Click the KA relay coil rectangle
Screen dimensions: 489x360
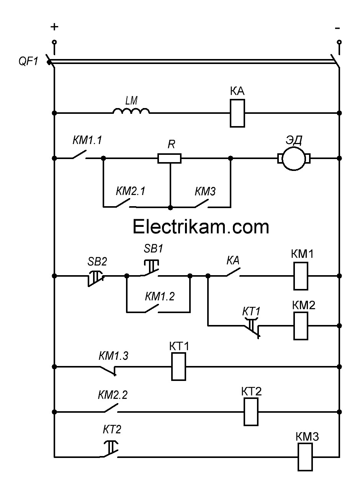tap(237, 113)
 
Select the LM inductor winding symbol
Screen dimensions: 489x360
tap(131, 111)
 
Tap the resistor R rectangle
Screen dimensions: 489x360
tap(169, 158)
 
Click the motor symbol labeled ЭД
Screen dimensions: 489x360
tap(294, 158)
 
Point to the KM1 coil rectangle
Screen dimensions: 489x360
tap(301, 276)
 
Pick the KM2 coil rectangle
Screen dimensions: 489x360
tap(301, 326)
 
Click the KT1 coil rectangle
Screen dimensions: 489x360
tap(178, 367)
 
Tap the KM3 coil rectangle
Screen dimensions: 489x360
tap(305, 457)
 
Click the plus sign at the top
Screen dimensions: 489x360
tap(55, 27)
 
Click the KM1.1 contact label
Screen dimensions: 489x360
tap(87, 141)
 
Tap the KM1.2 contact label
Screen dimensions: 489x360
tap(160, 296)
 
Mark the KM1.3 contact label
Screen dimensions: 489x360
tap(113, 356)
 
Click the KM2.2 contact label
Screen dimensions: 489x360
tap(113, 395)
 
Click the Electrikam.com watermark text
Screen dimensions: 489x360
tap(201, 227)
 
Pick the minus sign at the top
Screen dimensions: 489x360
tap(337, 28)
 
